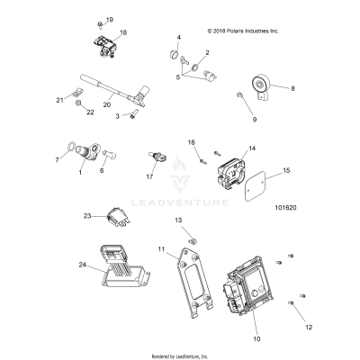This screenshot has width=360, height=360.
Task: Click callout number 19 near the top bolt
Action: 110,19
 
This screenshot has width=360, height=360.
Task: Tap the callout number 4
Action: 178,37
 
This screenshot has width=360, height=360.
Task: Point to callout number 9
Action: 254,119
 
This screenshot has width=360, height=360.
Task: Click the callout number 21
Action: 59,100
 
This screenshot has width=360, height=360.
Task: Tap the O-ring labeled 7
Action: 71,149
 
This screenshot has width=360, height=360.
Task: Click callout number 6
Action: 102,168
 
